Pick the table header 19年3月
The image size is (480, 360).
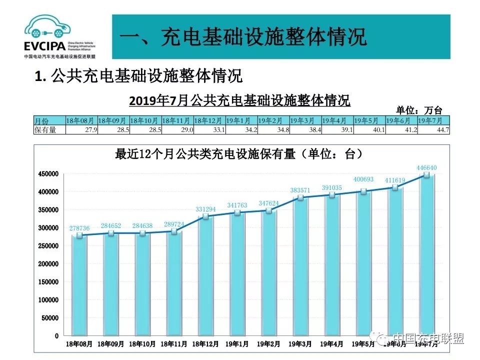(x=305, y=120)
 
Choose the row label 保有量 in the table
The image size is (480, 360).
(x=45, y=130)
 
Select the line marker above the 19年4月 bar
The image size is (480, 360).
(x=332, y=195)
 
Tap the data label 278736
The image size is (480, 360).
(x=79, y=228)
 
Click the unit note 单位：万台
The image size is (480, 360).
(x=419, y=110)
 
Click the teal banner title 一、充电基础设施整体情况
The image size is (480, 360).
(x=243, y=37)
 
